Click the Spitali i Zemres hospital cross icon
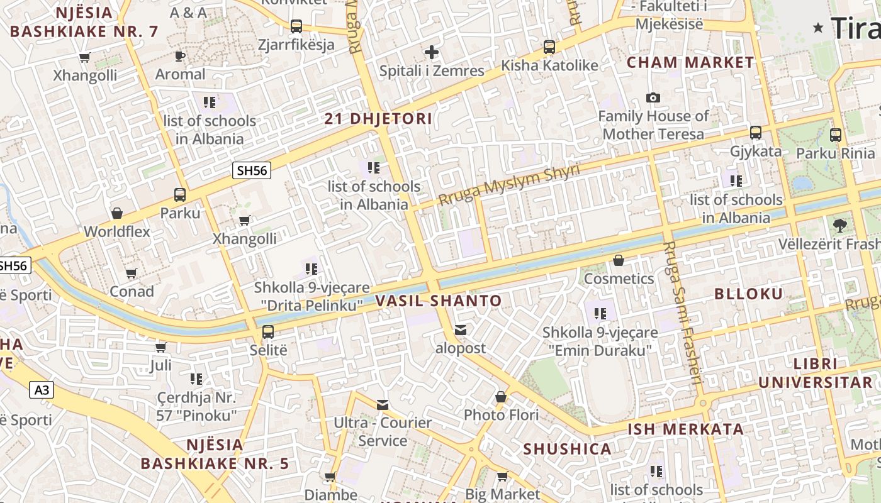pyautogui.click(x=431, y=52)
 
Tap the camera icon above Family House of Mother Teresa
pyautogui.click(x=653, y=97)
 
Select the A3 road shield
pyautogui.click(x=42, y=390)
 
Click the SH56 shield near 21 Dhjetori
pyautogui.click(x=252, y=170)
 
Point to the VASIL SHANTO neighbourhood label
pyautogui.click(x=439, y=301)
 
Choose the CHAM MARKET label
pyautogui.click(x=690, y=62)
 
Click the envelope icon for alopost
pyautogui.click(x=461, y=330)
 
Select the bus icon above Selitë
pyautogui.click(x=268, y=331)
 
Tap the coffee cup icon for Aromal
pyautogui.click(x=180, y=56)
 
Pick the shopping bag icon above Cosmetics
pyautogui.click(x=619, y=260)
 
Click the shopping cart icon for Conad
pyautogui.click(x=131, y=273)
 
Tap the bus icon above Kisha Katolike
pyautogui.click(x=549, y=47)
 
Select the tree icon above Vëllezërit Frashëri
pyautogui.click(x=839, y=225)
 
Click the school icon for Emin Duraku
pyautogui.click(x=600, y=313)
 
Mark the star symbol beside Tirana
pyautogui.click(x=819, y=27)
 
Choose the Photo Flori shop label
pyautogui.click(x=501, y=415)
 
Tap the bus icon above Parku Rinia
pyautogui.click(x=836, y=135)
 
